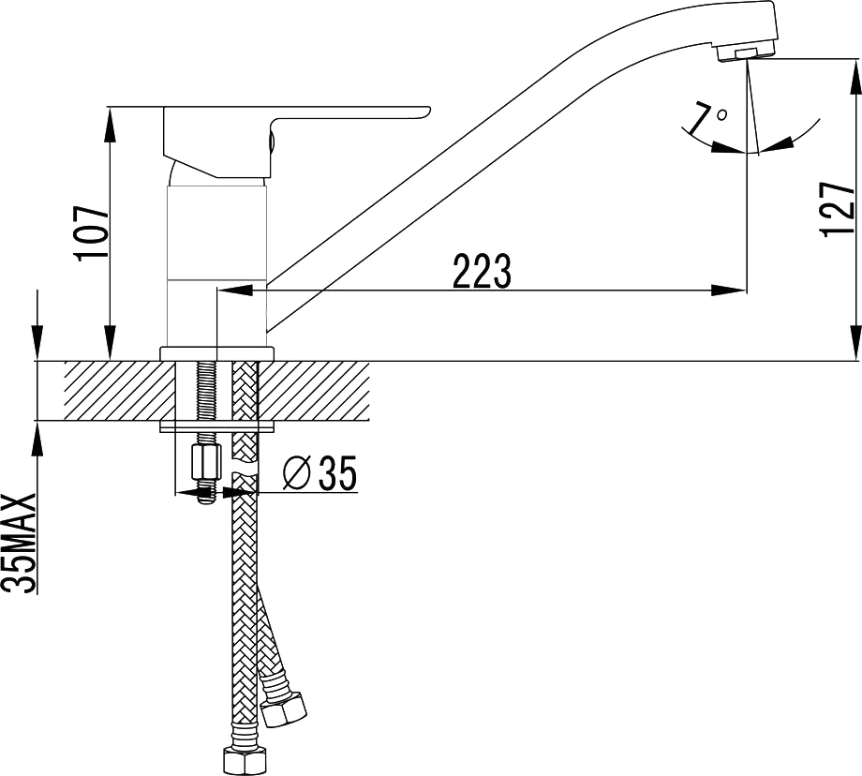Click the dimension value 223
[483, 271]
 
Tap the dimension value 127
[838, 208]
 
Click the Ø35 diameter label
[320, 472]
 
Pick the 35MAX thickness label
[21, 543]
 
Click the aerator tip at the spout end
[745, 53]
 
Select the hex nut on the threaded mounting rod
[205, 462]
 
